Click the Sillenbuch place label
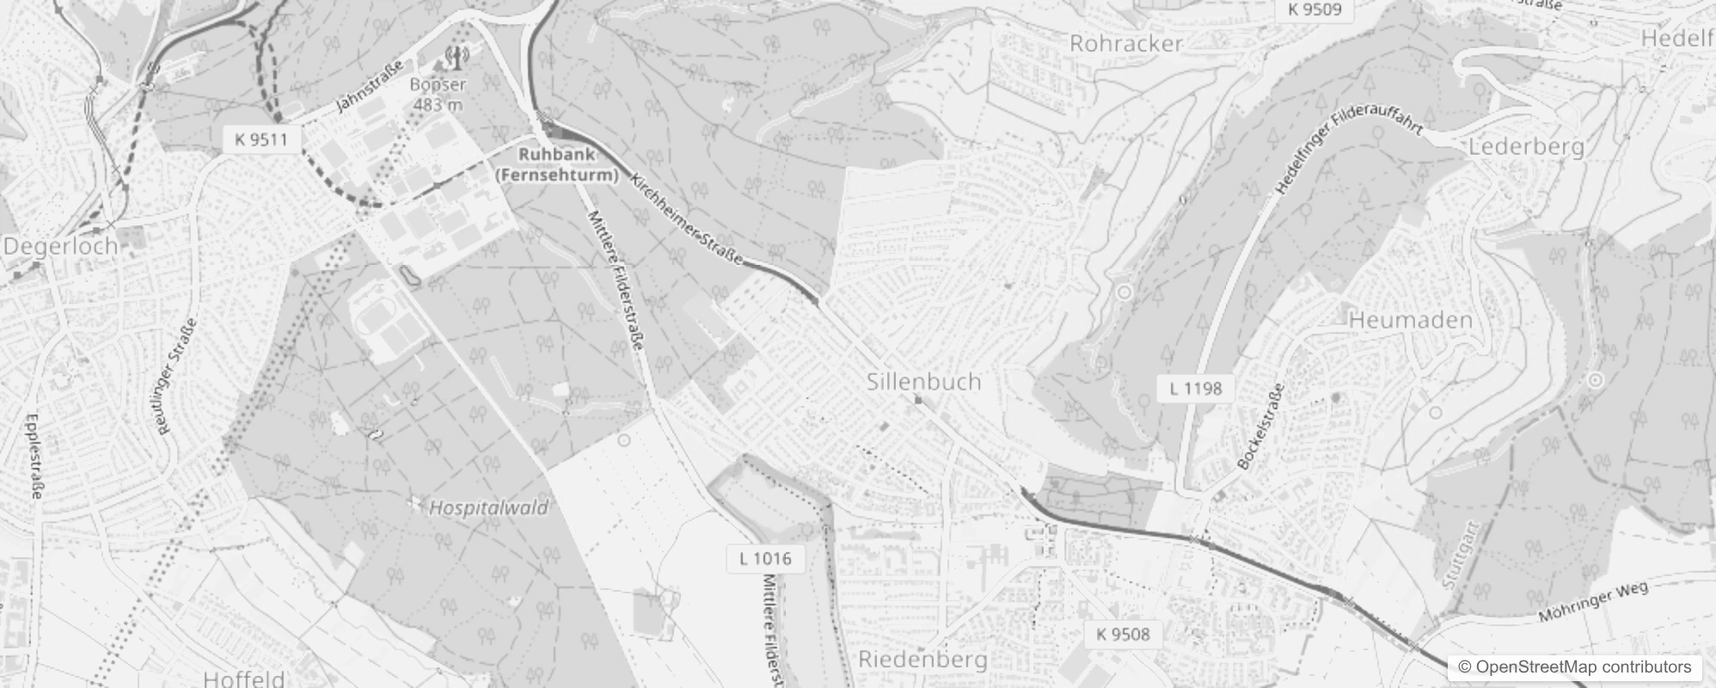click(x=923, y=382)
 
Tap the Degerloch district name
click(x=60, y=247)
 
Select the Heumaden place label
click(x=1411, y=321)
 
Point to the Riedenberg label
click(x=923, y=660)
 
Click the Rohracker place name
click(x=1125, y=43)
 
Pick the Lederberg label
click(x=1525, y=146)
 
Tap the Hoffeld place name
click(x=244, y=678)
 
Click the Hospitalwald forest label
click(x=487, y=507)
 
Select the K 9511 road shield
click(x=261, y=139)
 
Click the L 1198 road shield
click(x=1195, y=388)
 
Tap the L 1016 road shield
click(x=764, y=558)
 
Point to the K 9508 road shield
click(x=1123, y=635)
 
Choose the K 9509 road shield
click(x=1315, y=10)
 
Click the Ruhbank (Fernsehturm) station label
click(x=556, y=165)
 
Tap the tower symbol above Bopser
click(x=455, y=58)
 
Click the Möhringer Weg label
click(x=1592, y=602)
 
